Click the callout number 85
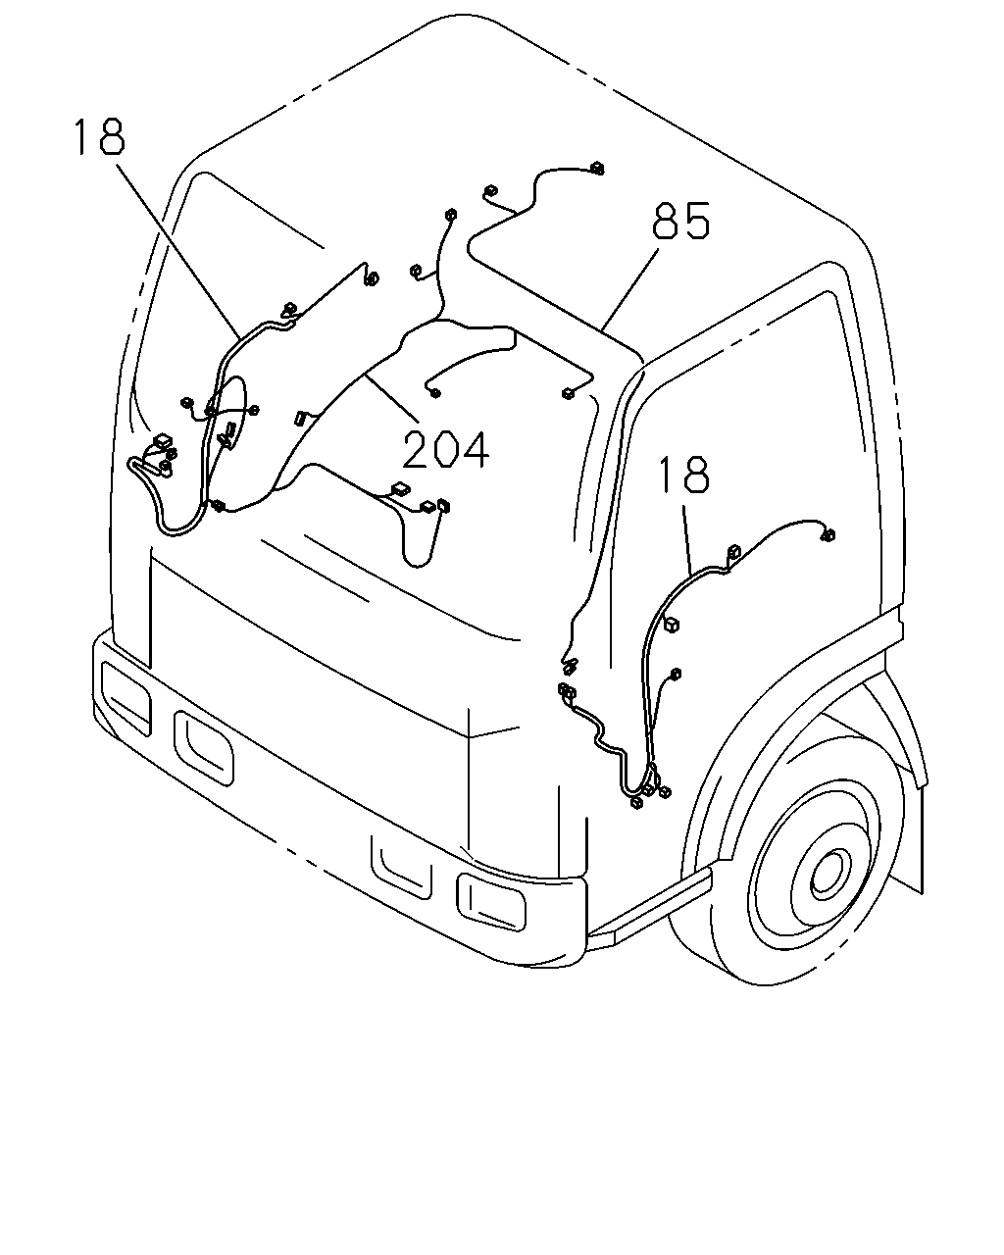tap(680, 221)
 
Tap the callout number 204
tap(446, 449)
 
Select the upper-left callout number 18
tap(99, 137)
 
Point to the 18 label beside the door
tap(683, 475)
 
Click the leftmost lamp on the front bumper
tap(126, 697)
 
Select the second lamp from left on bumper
tap(204, 748)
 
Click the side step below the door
tap(649, 905)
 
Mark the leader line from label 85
tap(630, 287)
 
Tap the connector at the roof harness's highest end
tap(596, 169)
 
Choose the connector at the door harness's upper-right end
tap(828, 534)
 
